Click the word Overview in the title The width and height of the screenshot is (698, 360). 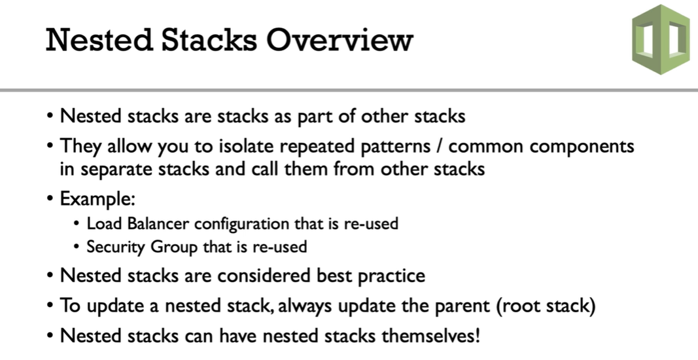tap(340, 40)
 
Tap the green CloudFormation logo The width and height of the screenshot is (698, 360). tap(661, 39)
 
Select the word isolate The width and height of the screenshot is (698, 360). tap(246, 146)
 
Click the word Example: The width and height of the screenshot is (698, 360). tap(97, 199)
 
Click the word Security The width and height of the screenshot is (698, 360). tap(116, 247)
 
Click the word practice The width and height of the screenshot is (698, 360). tap(392, 277)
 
